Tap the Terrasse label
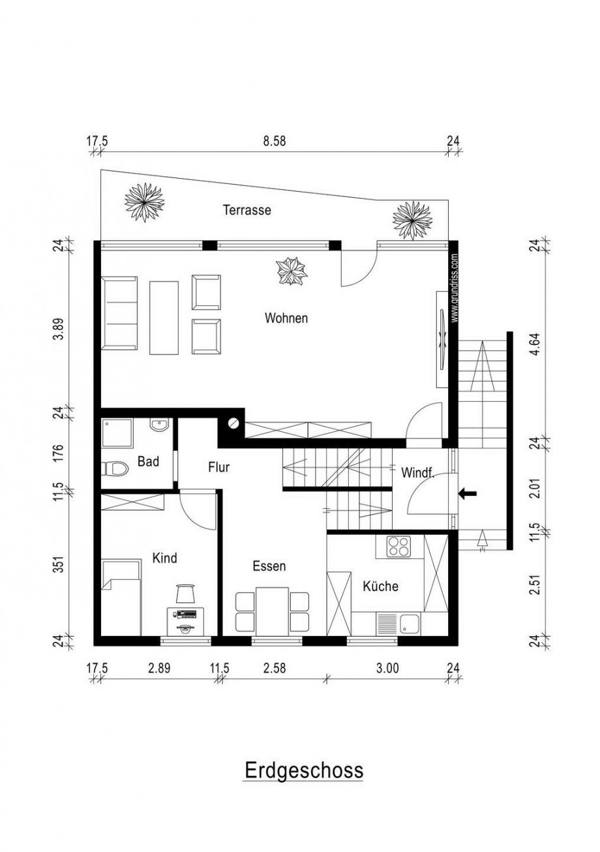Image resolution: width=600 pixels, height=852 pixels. (247, 209)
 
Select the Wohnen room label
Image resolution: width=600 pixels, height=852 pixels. (286, 318)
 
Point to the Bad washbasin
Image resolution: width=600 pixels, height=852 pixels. (160, 425)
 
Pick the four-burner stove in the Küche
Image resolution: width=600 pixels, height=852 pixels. (398, 547)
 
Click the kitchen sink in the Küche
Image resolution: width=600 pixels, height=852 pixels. (398, 624)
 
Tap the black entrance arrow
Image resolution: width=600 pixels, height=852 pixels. (468, 494)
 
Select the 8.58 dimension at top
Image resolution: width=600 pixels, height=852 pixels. (274, 141)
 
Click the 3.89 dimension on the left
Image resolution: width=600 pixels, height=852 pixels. (58, 329)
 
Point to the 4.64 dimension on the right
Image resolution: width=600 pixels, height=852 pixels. (537, 345)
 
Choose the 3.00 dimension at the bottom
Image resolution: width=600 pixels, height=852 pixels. (388, 668)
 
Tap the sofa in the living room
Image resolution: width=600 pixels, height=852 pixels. (119, 314)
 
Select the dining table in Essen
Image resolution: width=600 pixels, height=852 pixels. (273, 611)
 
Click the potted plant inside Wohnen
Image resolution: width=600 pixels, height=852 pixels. (292, 271)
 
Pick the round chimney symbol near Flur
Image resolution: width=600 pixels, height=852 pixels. (233, 423)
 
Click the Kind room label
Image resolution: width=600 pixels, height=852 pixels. (164, 558)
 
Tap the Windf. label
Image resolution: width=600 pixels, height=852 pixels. (418, 473)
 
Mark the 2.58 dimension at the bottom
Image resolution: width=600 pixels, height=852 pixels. (275, 668)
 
